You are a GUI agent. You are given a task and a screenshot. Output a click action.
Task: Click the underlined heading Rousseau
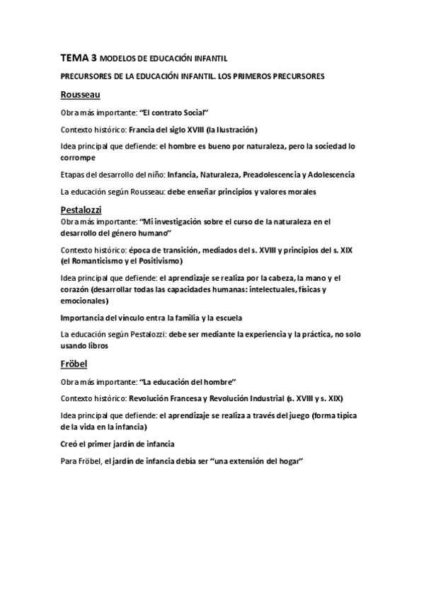pyautogui.click(x=80, y=95)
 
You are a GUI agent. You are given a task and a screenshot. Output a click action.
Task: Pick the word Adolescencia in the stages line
pyautogui.click(x=331, y=174)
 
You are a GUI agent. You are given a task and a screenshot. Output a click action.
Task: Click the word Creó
pyautogui.click(x=71, y=444)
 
